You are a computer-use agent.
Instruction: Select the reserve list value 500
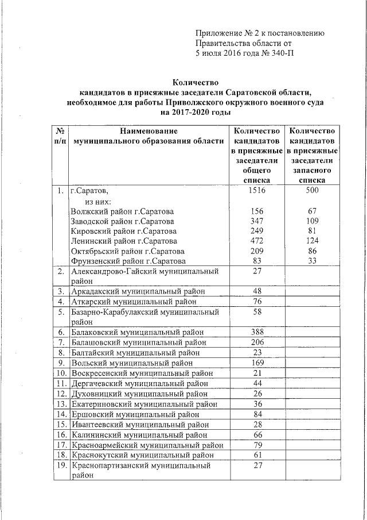(313, 190)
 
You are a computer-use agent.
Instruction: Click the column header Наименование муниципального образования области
(146, 137)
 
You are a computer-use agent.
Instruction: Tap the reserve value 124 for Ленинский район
(313, 241)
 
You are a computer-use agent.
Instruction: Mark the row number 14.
(60, 414)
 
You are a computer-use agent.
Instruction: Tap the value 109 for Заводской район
(313, 221)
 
